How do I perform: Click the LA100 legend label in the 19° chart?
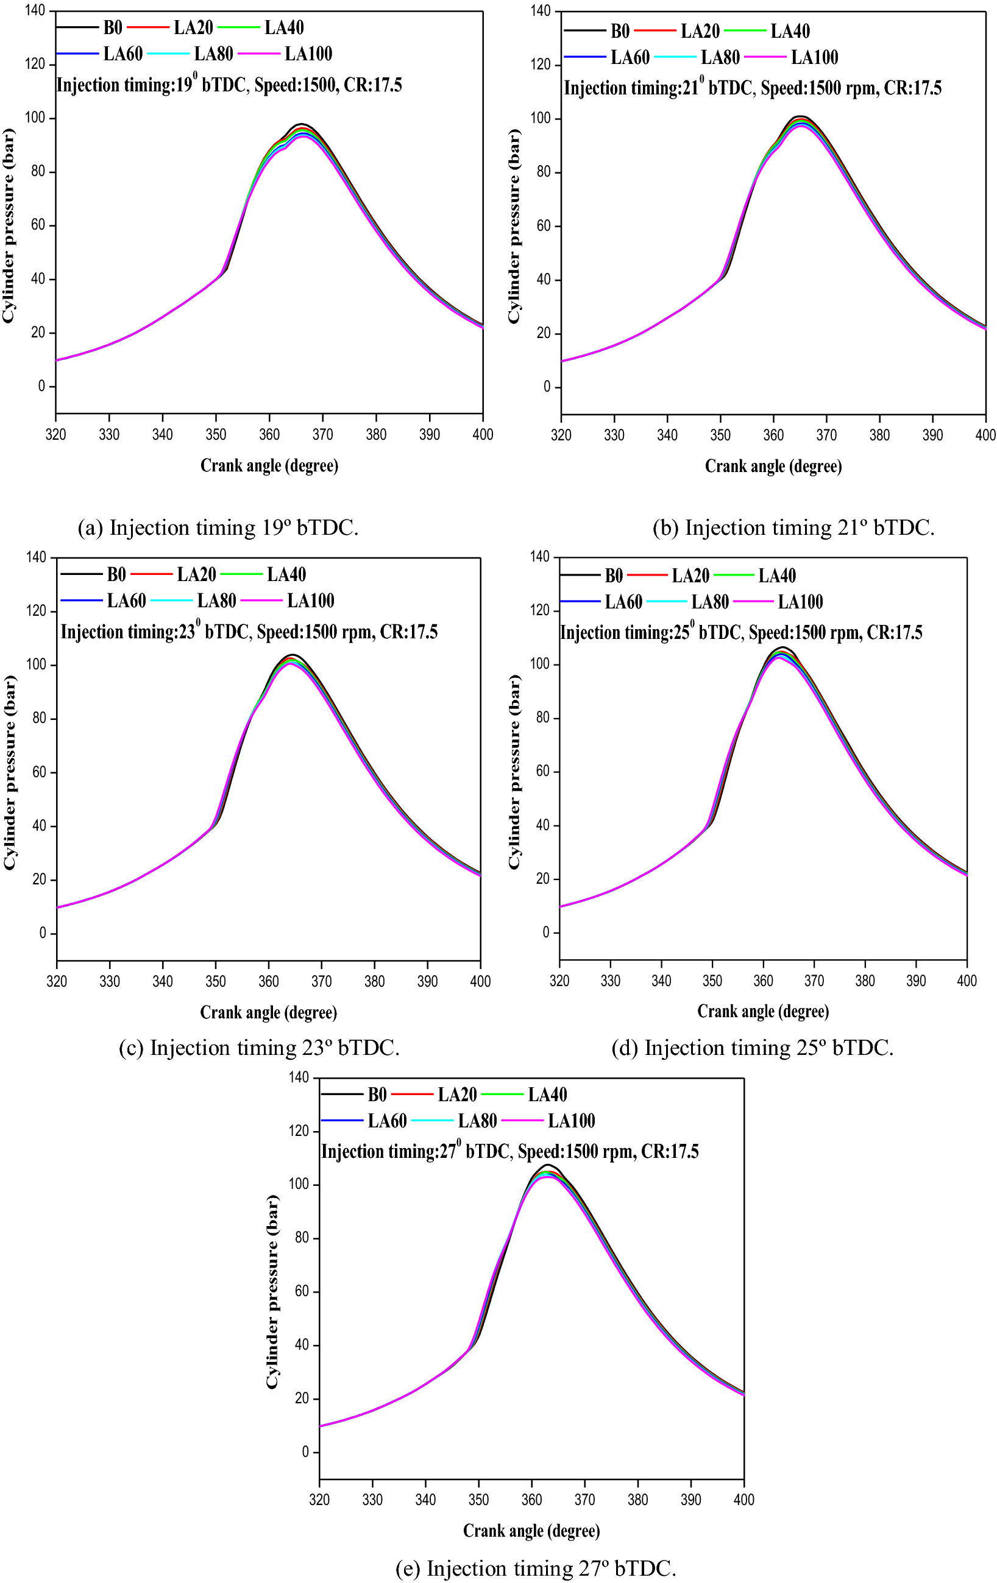(308, 54)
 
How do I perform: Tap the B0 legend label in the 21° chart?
(620, 31)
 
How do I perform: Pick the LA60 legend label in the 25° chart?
(623, 602)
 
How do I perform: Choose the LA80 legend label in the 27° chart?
(477, 1121)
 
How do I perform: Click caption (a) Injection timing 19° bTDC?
(218, 528)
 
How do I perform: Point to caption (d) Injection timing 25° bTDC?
(753, 1048)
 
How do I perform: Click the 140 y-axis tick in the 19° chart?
(35, 10)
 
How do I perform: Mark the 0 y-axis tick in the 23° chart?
(43, 933)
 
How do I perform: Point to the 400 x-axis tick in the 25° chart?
(966, 981)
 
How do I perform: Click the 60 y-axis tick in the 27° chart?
(302, 1291)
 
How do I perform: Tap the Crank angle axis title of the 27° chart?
(531, 1531)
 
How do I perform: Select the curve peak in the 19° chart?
(302, 124)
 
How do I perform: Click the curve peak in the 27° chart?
(547, 1165)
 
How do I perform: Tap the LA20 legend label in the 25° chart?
(690, 576)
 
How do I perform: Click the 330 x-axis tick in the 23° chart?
(110, 981)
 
